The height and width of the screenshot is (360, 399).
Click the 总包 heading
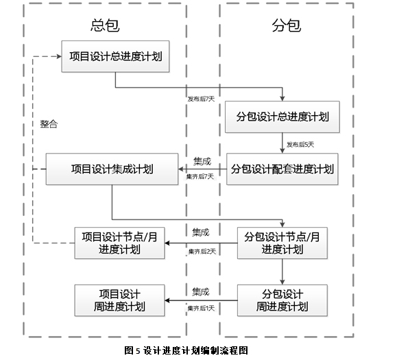[105, 25]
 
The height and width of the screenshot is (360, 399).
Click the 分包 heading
[287, 25]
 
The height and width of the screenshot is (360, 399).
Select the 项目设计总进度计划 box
[115, 56]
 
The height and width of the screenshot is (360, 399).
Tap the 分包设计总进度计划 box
[282, 117]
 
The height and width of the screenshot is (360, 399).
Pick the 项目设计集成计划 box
[112, 169]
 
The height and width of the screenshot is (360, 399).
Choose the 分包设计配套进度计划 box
[282, 169]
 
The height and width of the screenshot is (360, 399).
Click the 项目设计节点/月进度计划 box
[119, 243]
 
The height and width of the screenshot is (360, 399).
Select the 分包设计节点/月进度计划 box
[282, 243]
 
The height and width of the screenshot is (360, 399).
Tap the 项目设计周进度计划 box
[119, 300]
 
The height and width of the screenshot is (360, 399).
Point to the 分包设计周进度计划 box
[282, 300]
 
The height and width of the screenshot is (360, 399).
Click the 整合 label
[49, 124]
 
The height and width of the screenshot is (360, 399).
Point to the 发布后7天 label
[201, 99]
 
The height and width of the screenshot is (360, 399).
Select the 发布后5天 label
[300, 145]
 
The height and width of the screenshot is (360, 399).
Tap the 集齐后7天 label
[200, 176]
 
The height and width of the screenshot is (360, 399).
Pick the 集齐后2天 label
[202, 252]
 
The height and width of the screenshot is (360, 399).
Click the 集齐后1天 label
[201, 309]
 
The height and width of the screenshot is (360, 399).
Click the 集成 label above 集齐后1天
[201, 291]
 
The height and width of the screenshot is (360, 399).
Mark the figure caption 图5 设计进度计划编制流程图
[186, 350]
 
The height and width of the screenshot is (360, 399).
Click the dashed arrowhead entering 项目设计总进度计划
[59, 56]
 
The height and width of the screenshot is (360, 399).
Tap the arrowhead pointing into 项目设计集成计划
[181, 169]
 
